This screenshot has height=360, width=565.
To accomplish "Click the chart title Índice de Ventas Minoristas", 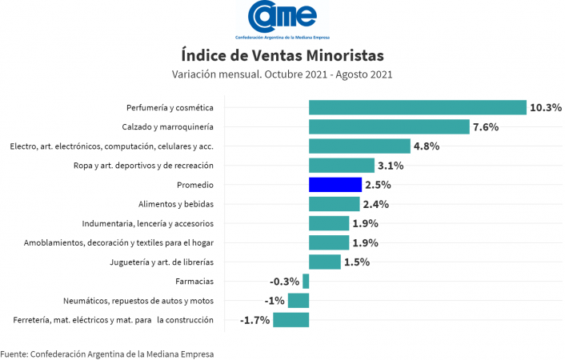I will click(x=282, y=55).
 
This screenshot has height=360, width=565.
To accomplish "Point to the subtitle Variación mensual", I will click(x=282, y=74).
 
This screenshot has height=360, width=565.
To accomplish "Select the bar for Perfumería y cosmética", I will click(x=417, y=107).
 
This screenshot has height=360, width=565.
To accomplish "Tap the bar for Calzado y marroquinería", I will click(x=389, y=126).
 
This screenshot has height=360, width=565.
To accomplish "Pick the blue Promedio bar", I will click(x=335, y=185).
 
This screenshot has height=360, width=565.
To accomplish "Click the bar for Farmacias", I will click(x=306, y=282).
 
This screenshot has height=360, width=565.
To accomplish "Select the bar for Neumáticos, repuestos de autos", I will click(x=299, y=301).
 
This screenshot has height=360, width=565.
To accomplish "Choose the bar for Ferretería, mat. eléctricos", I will click(x=291, y=320).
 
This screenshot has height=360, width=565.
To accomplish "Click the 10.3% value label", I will click(x=546, y=107).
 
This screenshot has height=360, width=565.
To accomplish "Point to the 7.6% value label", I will click(x=486, y=126).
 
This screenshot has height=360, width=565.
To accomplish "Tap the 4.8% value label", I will click(x=427, y=146).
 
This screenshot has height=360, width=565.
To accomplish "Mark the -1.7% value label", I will click(x=254, y=320).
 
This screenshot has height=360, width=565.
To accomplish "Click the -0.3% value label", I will click(x=284, y=282).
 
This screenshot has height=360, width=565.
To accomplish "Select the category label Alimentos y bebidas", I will click(x=175, y=204).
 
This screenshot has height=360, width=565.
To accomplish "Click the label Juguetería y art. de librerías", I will click(x=162, y=262).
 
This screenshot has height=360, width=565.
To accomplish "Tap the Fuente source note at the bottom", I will click(x=107, y=353).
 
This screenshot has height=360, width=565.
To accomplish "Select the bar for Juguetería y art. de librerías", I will click(x=325, y=262).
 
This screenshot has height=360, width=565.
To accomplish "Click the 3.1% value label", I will click(x=391, y=166).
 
